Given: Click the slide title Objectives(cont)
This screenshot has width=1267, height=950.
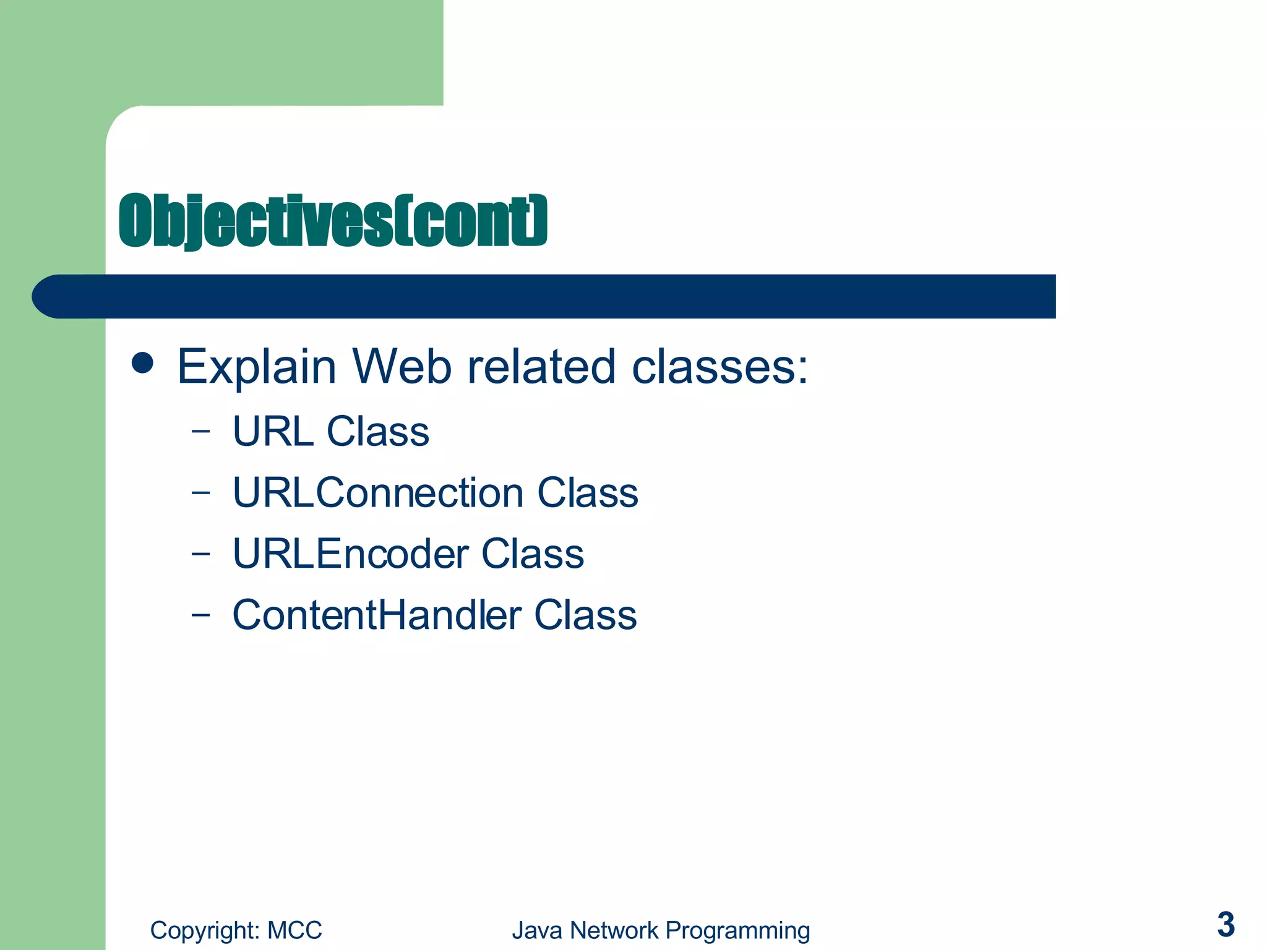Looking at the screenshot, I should (333, 221).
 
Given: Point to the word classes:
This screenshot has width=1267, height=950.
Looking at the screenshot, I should (719, 366).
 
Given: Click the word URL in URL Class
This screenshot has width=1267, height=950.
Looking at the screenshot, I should (273, 431).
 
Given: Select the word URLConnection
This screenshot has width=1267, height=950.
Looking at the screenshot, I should (378, 493).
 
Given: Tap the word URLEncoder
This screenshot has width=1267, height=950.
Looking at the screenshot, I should (350, 554).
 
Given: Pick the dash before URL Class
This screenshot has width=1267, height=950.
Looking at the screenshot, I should (200, 432).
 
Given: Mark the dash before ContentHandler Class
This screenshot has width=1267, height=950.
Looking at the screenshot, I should (200, 615).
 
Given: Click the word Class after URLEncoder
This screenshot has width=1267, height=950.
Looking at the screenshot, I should (533, 554).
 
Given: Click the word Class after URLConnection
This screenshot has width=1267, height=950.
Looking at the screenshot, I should (587, 493).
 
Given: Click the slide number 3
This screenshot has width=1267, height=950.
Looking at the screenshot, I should (1226, 925).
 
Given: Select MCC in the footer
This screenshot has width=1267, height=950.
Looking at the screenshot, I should (294, 930).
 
